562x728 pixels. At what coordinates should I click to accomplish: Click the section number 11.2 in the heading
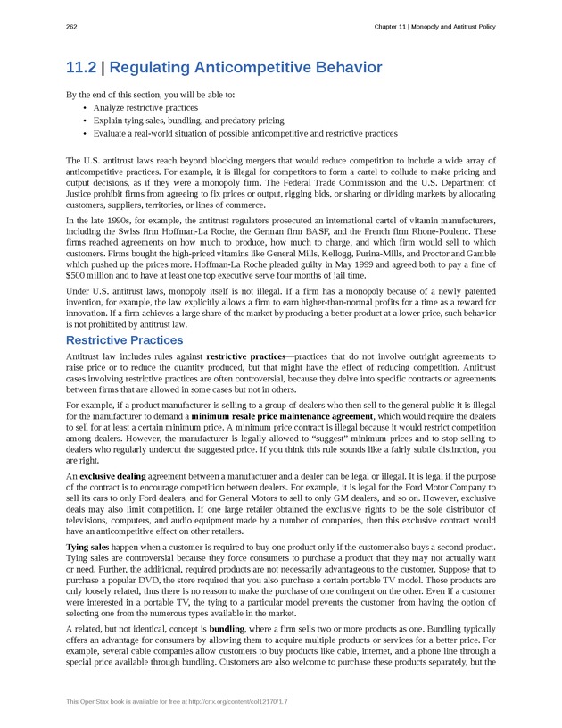click(x=81, y=68)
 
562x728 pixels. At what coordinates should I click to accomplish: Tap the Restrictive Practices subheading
click(x=125, y=340)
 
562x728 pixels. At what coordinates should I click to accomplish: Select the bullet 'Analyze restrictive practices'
click(x=145, y=108)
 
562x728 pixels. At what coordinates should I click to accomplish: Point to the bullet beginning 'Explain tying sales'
click(x=188, y=121)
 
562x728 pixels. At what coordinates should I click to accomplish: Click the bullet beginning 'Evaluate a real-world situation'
click(x=245, y=133)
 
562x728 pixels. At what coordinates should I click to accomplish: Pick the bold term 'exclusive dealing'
click(x=112, y=476)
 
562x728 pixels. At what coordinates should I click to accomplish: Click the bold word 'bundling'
click(x=227, y=629)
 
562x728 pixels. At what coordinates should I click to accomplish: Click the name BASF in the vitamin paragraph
click(x=314, y=230)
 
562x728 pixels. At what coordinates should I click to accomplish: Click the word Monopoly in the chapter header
click(x=434, y=27)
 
